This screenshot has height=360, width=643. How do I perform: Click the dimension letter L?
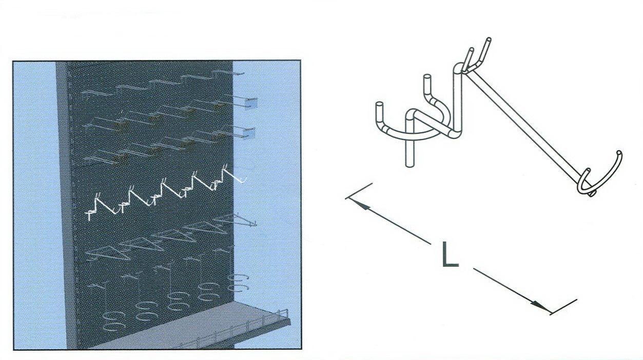(x=450, y=254)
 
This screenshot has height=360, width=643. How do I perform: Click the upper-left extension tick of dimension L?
(x=359, y=191)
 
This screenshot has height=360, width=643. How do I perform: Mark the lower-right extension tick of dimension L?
(x=563, y=307)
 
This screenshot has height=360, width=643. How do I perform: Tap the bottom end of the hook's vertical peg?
(x=410, y=165)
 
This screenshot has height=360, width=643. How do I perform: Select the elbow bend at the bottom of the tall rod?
(x=456, y=134)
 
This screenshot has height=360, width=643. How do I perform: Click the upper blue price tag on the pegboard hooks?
(x=251, y=103)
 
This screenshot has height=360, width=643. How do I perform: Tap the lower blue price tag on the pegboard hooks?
(x=250, y=133)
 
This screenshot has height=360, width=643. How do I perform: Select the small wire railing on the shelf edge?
(x=232, y=330)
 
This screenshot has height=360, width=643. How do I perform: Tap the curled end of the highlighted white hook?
(x=243, y=180)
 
